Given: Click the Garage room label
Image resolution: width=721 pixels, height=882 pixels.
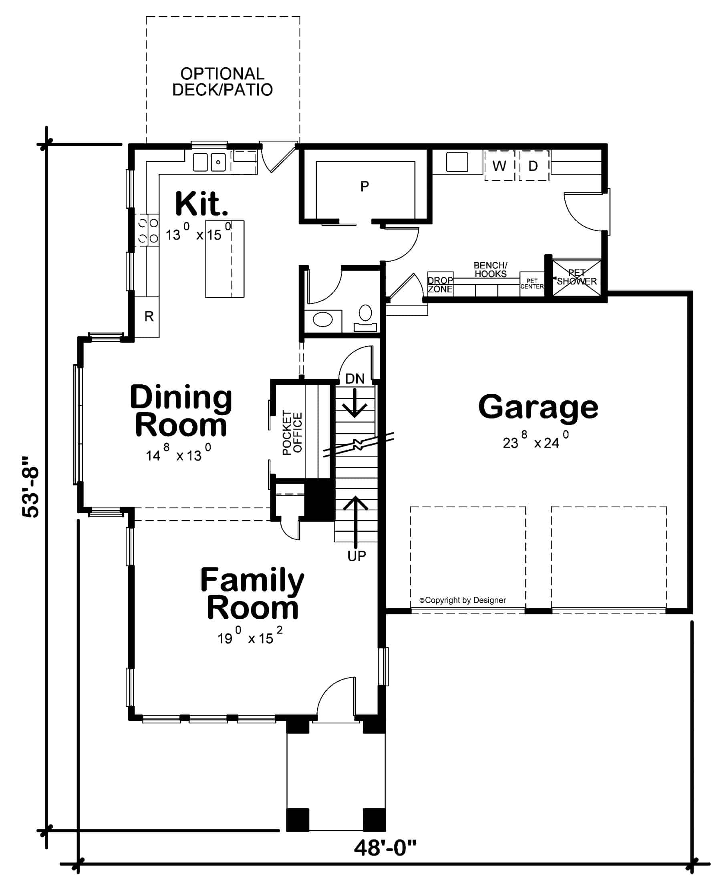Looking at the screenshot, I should pos(538,408).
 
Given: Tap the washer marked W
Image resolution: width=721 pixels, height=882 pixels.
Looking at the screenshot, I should pos(499,166).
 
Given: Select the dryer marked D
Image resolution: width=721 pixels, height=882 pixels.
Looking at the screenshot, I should pos(533,166).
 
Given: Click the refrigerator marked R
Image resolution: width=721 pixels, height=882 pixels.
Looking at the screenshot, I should pos(149,317).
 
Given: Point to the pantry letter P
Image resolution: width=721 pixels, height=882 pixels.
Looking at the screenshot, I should pos(365,186).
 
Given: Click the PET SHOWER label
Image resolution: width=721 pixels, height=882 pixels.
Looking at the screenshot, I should pos(576,277).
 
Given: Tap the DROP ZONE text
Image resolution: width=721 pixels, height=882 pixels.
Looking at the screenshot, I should pos(440,285).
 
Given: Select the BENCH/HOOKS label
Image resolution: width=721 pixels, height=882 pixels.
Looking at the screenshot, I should pos(491,269).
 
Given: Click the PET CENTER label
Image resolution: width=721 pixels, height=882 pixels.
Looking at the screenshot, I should pos(532,284).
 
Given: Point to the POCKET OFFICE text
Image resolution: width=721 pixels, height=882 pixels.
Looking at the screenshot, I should pos(292,432).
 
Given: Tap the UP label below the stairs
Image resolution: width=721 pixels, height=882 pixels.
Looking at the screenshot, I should pos(356,556).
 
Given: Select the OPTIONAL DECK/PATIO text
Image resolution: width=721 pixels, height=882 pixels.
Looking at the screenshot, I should pos(223,82).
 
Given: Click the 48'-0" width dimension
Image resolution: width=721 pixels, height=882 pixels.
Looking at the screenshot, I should pos(385,848).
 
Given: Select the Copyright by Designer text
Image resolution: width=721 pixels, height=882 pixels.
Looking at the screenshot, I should pos(463,600).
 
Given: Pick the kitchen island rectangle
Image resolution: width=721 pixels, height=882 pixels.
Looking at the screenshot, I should pos(225,259).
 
